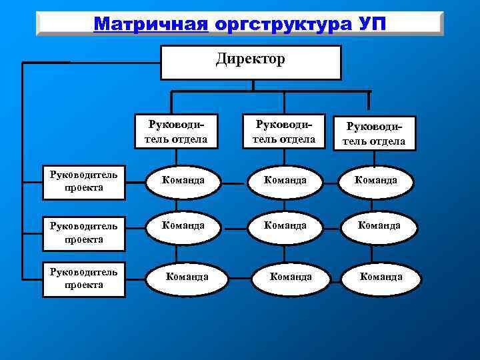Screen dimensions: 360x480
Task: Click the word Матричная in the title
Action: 151,23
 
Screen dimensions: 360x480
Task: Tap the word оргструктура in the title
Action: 283,23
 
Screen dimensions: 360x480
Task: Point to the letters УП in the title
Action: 371,23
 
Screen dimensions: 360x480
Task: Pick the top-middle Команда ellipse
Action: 285,181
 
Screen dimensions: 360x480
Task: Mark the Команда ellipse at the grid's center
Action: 285,227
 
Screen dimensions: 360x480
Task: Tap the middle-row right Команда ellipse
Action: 379,227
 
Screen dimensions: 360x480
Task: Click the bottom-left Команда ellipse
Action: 187,277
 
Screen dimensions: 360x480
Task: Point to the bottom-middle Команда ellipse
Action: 290,277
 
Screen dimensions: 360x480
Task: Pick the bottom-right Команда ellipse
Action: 381,277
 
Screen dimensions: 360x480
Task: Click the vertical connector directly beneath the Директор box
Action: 252,85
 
